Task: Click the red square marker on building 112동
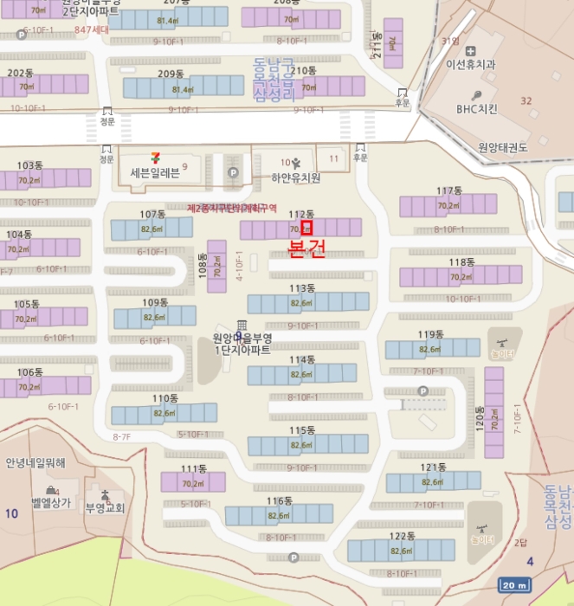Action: pos(306,229)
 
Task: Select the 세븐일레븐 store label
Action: pos(155,173)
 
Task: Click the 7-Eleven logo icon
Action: pos(155,158)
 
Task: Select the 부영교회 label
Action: pos(105,508)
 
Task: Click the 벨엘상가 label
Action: pos(50,503)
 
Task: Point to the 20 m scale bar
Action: pos(513,585)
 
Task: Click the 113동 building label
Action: pos(302,288)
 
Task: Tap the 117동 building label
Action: pos(449,190)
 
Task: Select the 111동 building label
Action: pos(194,468)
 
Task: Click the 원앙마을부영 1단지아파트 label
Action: pos(242,345)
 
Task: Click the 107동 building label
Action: pos(152,214)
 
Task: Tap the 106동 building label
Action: pos(29,372)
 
